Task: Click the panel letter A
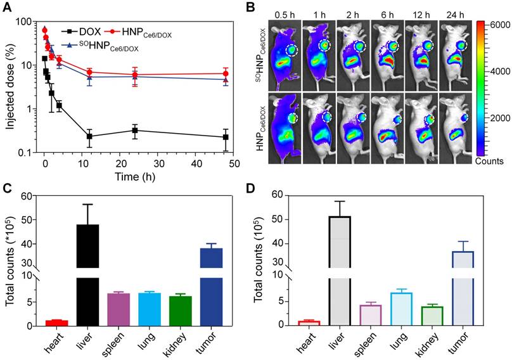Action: pyautogui.click(x=8, y=8)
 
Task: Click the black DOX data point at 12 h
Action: pyautogui.click(x=89, y=136)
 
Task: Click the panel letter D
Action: pyautogui.click(x=263, y=188)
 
